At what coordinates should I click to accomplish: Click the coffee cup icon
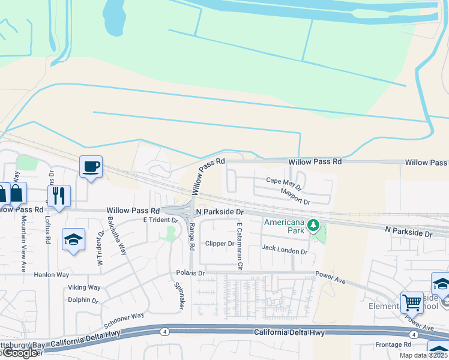coord(91,166)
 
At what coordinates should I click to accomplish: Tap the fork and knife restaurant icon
coord(59,195)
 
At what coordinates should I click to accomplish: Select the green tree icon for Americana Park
coord(312,225)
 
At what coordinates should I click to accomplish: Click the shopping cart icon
coord(412,302)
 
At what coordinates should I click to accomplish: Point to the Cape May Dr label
coord(281,181)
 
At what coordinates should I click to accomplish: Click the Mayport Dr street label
coord(295,196)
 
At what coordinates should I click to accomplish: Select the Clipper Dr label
coord(219,244)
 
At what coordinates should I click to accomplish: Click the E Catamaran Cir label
coord(240,245)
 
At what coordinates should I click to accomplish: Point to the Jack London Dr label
coord(284,248)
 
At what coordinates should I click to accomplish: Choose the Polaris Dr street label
coord(190,273)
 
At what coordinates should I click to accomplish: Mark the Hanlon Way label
coord(51,275)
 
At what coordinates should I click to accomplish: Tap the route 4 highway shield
coord(164,331)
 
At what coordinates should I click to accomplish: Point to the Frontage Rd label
coord(393,344)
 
